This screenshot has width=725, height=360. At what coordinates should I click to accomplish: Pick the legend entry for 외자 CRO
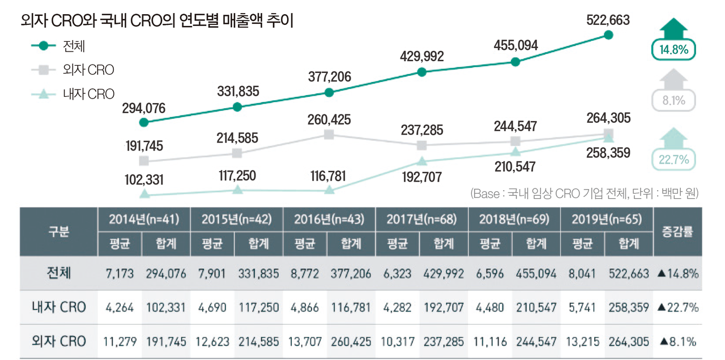click(x=88, y=70)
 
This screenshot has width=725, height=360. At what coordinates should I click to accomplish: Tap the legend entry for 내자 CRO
click(x=88, y=94)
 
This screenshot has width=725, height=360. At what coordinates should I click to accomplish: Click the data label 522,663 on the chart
click(x=608, y=20)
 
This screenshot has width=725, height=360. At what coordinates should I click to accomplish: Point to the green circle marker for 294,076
click(x=144, y=122)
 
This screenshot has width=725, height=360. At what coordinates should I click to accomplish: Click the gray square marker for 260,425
click(x=329, y=134)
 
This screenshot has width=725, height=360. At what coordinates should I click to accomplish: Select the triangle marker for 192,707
click(x=422, y=161)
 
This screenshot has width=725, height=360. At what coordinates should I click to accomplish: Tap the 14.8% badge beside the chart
click(x=673, y=50)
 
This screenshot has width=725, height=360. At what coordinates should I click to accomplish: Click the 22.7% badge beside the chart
click(x=673, y=160)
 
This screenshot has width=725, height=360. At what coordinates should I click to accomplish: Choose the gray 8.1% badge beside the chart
click(x=673, y=101)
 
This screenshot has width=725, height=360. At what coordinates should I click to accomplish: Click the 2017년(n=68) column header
click(x=421, y=220)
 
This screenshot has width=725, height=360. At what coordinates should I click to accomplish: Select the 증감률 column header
click(x=677, y=232)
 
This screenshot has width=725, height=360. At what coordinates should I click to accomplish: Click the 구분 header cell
click(x=58, y=232)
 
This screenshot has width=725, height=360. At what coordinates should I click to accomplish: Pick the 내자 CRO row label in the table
click(x=58, y=307)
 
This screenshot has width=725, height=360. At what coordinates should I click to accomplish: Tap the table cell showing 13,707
click(x=305, y=342)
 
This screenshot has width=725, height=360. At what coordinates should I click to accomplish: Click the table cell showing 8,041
click(x=582, y=274)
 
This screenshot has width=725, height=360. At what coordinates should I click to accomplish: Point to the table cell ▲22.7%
click(x=677, y=308)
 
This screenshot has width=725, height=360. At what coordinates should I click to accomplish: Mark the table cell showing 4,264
click(x=120, y=308)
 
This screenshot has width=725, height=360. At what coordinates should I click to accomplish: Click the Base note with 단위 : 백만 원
click(x=584, y=194)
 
